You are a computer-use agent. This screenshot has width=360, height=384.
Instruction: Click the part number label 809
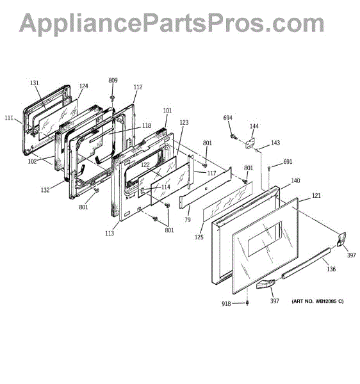click(x=113, y=81)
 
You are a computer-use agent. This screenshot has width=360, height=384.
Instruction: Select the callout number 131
click(x=35, y=83)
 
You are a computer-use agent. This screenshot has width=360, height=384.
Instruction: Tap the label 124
click(x=83, y=86)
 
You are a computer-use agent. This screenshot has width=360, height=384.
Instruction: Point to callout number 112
click(x=138, y=86)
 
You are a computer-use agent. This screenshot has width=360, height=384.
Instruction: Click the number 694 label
click(x=227, y=118)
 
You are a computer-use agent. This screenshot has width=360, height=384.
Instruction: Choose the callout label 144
click(x=254, y=126)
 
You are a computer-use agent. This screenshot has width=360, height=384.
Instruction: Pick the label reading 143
click(x=275, y=143)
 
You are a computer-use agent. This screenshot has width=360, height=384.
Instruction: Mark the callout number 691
click(x=288, y=162)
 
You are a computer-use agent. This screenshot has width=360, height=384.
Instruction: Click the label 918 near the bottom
click(x=226, y=303)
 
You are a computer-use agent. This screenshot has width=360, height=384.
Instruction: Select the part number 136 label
click(x=331, y=269)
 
